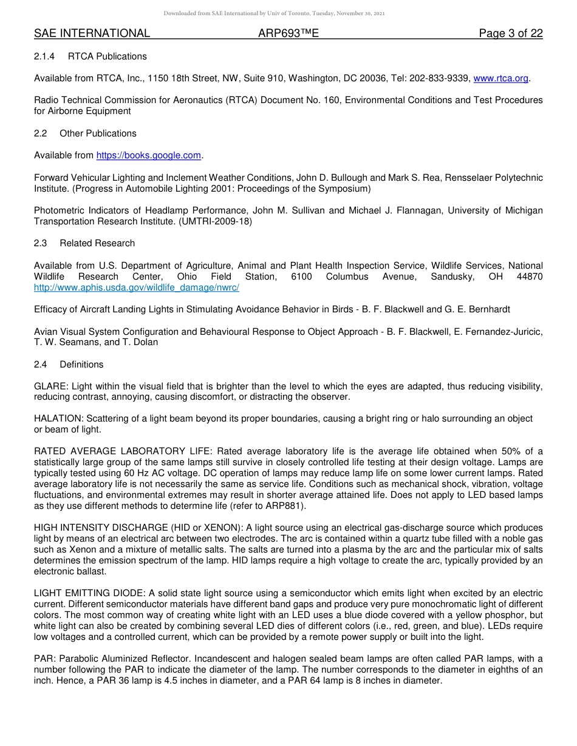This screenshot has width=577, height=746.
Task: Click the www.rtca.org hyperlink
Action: (x=500, y=78)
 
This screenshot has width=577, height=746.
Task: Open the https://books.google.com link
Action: (x=148, y=155)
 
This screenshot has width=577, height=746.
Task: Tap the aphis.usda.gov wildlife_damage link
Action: (x=137, y=287)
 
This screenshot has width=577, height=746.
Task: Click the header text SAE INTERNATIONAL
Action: (x=92, y=33)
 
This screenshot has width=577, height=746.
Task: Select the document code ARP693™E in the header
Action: (x=288, y=33)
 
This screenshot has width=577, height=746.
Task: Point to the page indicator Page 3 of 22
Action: (x=510, y=33)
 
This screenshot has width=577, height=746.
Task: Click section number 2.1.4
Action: (x=44, y=56)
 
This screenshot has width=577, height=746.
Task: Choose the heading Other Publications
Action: (x=98, y=133)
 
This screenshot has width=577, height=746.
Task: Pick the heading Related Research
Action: (x=97, y=243)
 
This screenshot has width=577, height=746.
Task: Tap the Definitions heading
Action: (x=81, y=365)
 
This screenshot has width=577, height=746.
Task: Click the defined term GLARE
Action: (x=50, y=386)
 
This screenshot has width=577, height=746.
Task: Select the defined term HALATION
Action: (x=58, y=418)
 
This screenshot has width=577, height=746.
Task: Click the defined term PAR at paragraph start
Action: (x=43, y=659)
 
